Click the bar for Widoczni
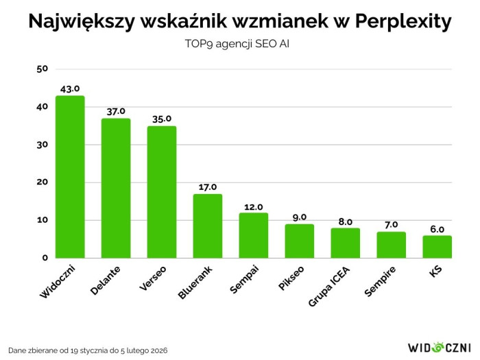point(70,177)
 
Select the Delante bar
point(116,188)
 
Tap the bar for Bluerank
point(207,226)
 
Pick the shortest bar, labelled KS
point(437,247)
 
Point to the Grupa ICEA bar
point(345,243)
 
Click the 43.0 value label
point(70,88)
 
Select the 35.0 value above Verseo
point(162,119)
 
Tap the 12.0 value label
point(253,206)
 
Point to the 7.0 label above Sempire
point(391,224)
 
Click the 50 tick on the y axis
point(42,69)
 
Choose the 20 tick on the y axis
point(42,182)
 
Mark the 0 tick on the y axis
point(45,258)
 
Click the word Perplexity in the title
point(404,22)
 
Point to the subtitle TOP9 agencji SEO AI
point(240,44)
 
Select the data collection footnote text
point(88,350)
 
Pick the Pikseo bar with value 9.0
point(299,241)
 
